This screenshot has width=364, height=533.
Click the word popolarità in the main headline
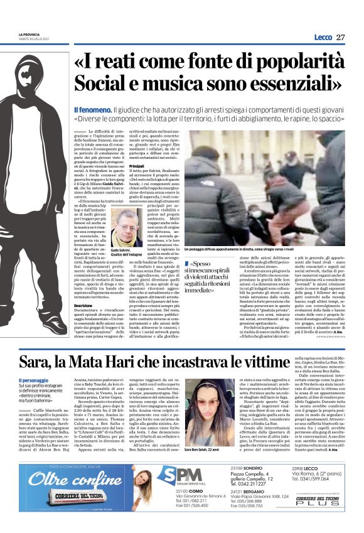point(289,63)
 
